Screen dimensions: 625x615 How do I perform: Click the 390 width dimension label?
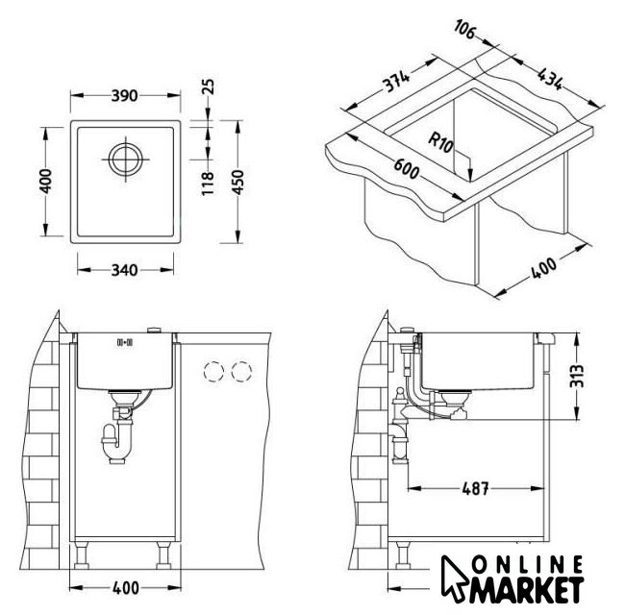[x=124, y=95]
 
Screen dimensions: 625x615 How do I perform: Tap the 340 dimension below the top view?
[x=124, y=270]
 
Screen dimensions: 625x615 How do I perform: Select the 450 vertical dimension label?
[x=237, y=182]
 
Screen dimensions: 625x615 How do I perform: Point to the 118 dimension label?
[x=208, y=184]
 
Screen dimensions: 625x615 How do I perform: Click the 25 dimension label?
[x=208, y=86]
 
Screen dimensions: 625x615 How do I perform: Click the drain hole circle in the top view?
[x=126, y=160]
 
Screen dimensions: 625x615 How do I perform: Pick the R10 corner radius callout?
[x=440, y=142]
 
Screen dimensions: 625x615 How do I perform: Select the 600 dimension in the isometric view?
[x=406, y=169]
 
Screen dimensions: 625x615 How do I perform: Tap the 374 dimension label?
[x=396, y=82]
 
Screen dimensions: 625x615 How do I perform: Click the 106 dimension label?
[x=464, y=30]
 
